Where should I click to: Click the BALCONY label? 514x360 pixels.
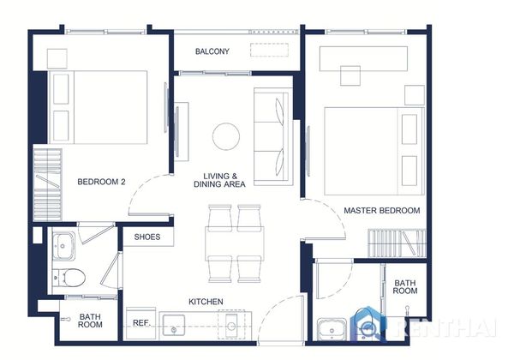pyautogui.click(x=212, y=51)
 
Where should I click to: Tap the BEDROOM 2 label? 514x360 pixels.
pyautogui.click(x=101, y=182)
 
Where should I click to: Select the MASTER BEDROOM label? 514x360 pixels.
pyautogui.click(x=382, y=211)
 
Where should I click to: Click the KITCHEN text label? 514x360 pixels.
pyautogui.click(x=206, y=302)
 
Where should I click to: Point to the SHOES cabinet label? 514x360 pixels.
pyautogui.click(x=147, y=237)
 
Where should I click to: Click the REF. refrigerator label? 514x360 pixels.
pyautogui.click(x=141, y=323)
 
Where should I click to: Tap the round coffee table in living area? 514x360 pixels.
pyautogui.click(x=226, y=136)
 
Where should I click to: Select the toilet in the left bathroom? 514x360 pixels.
pyautogui.click(x=69, y=278)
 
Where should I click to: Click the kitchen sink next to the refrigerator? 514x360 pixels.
pyautogui.click(x=174, y=325)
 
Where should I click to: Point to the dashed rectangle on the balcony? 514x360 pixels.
pyautogui.click(x=270, y=50)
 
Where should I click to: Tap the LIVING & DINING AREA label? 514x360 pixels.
pyautogui.click(x=219, y=180)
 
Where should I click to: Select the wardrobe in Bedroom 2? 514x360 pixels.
pyautogui.click(x=47, y=184)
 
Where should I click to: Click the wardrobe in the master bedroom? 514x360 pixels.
pyautogui.click(x=397, y=243)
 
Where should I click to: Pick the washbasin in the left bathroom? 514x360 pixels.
pyautogui.click(x=63, y=246)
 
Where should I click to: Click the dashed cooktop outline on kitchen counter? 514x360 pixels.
pyautogui.click(x=232, y=325)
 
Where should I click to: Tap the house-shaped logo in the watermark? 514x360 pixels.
pyautogui.click(x=368, y=324)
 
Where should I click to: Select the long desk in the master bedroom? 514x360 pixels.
pyautogui.click(x=363, y=58)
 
